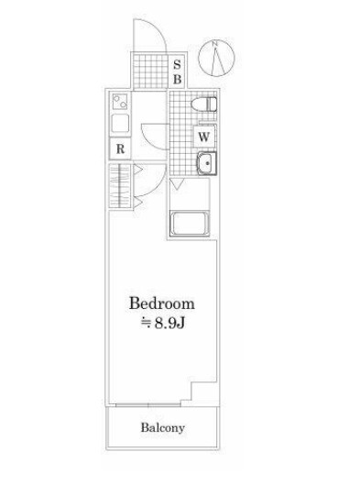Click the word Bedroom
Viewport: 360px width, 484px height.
pyautogui.click(x=162, y=303)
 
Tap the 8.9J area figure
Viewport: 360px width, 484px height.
pyautogui.click(x=169, y=324)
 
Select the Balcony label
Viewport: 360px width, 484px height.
pyautogui.click(x=162, y=428)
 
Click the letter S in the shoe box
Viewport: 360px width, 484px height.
pyautogui.click(x=177, y=65)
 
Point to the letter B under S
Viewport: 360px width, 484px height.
pyautogui.click(x=177, y=79)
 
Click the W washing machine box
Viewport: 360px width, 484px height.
pyautogui.click(x=204, y=136)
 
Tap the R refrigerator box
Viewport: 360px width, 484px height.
pyautogui.click(x=120, y=149)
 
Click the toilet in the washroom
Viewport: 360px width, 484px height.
pyautogui.click(x=204, y=104)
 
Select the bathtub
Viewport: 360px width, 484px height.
pyautogui.click(x=189, y=223)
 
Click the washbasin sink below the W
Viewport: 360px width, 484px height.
pyautogui.click(x=207, y=162)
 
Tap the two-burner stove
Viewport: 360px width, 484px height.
pyautogui.click(x=120, y=101)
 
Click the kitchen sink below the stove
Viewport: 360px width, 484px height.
pyautogui.click(x=120, y=124)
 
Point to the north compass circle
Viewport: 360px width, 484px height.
pyautogui.click(x=216, y=58)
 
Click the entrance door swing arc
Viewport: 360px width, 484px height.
pyautogui.click(x=154, y=27)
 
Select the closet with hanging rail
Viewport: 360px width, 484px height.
pyautogui.click(x=120, y=186)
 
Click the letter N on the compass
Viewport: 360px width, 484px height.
pyautogui.click(x=215, y=44)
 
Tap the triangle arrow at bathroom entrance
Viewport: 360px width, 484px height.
pyautogui.click(x=177, y=184)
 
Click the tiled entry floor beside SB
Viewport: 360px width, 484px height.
pyautogui.click(x=150, y=71)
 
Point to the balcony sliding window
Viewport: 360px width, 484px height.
pyautogui.click(x=148, y=404)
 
